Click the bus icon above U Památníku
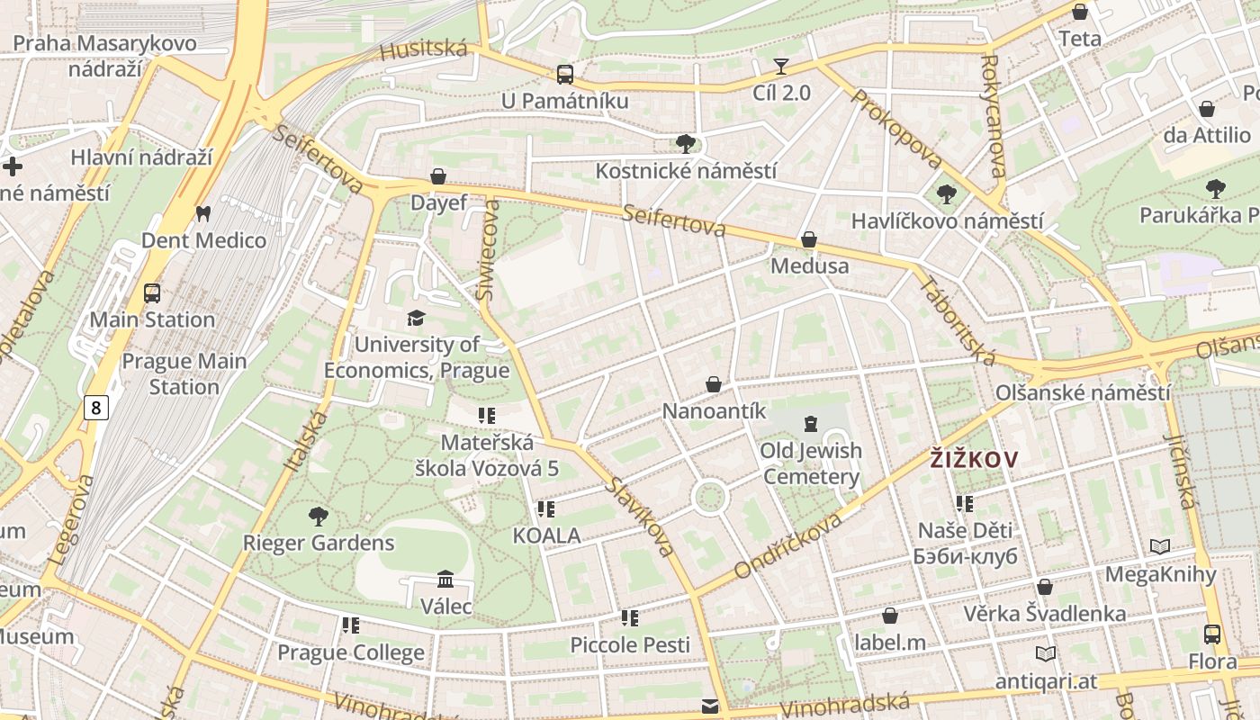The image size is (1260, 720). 564,75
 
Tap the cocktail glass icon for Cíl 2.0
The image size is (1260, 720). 780,67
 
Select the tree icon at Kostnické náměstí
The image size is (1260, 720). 685,144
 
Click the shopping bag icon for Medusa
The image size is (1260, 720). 809,239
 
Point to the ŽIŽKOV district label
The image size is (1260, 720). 974,460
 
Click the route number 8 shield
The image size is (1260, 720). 96,409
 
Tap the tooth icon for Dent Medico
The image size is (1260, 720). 202,214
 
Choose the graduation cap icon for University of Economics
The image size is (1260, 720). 416,319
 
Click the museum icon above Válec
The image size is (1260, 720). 445,579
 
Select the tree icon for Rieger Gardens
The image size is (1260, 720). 318,517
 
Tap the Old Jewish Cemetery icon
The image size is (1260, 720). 811,423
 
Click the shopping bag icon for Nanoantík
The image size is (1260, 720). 714,384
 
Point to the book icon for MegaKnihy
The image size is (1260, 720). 1160,546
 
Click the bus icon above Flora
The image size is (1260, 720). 1212,634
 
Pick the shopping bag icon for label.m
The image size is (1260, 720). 890,616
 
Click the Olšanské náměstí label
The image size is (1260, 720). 1083,393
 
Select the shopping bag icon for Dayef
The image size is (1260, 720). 438,176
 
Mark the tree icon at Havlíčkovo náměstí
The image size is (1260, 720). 946,194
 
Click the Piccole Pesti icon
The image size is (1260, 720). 630,618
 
